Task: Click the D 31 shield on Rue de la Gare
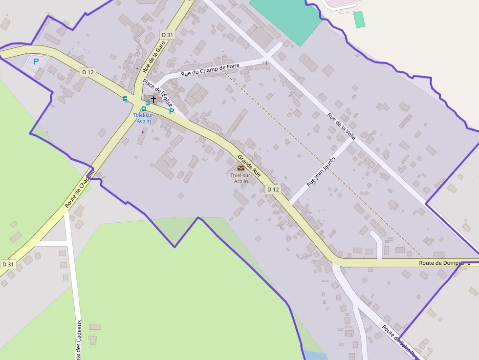(x=167, y=35)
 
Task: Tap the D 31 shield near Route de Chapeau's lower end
(x=8, y=264)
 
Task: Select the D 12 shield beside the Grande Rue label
(x=273, y=189)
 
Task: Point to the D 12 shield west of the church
(x=88, y=72)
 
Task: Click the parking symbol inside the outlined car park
(x=36, y=62)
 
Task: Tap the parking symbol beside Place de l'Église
(x=172, y=111)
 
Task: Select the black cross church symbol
(x=153, y=99)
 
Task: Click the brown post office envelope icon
(x=240, y=168)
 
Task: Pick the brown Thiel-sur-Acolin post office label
(x=240, y=178)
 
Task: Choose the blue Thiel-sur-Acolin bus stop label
(x=144, y=118)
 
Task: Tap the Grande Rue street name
(x=249, y=166)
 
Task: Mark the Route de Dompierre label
(x=444, y=263)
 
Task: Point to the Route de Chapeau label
(x=79, y=189)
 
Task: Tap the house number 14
(x=265, y=64)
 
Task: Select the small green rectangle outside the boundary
(x=359, y=20)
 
